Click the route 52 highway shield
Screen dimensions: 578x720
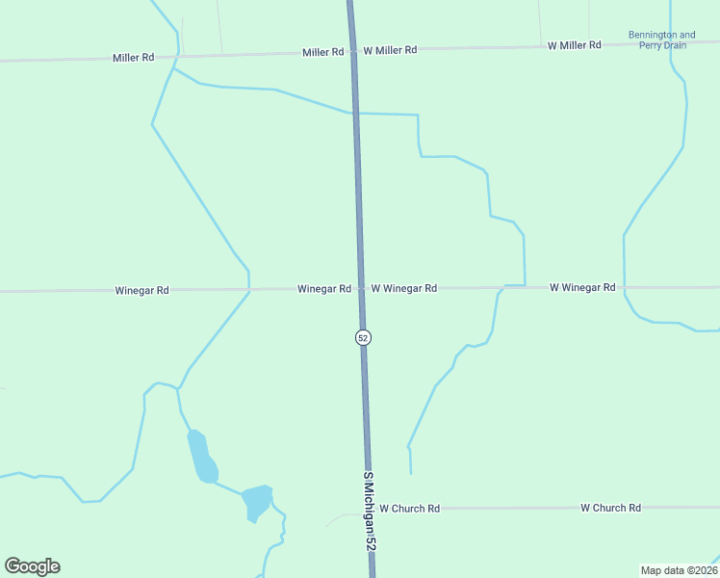tap(362, 337)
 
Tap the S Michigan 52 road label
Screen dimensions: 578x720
tap(370, 512)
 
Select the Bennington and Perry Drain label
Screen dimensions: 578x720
tap(661, 39)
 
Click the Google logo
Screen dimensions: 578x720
tap(32, 566)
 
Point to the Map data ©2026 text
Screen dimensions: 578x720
tap(679, 570)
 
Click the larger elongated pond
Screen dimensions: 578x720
tap(201, 457)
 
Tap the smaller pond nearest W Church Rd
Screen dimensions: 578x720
tap(257, 501)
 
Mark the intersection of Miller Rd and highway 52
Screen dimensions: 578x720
tap(353, 50)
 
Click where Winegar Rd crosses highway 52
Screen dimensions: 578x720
tap(361, 288)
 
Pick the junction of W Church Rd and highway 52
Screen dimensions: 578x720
tap(369, 508)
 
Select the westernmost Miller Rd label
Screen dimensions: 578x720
tap(133, 58)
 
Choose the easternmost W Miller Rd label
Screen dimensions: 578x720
tap(574, 45)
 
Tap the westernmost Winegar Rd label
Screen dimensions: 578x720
tap(141, 290)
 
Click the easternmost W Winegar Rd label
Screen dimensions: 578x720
tap(581, 287)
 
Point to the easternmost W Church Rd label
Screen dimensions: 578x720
tap(610, 508)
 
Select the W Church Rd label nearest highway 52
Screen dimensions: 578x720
tap(409, 508)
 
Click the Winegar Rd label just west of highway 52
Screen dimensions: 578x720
tap(323, 289)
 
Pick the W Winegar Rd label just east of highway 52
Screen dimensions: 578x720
tap(404, 288)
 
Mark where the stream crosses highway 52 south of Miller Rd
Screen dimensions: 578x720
tap(355, 114)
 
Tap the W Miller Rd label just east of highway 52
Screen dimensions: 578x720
tap(389, 49)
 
